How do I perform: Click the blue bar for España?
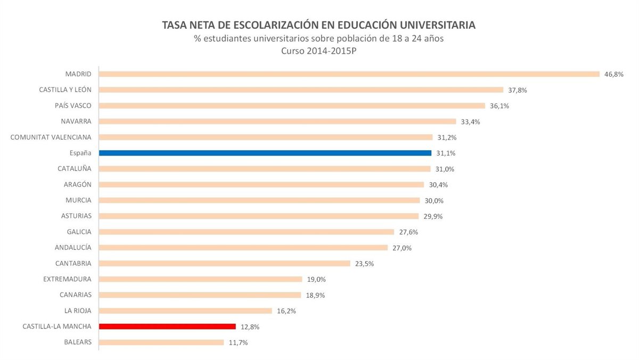click(x=265, y=153)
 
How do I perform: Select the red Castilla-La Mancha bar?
click(x=167, y=326)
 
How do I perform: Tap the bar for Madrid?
click(x=349, y=74)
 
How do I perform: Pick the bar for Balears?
click(x=161, y=342)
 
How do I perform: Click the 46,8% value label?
click(x=613, y=74)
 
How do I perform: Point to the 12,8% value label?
click(x=250, y=327)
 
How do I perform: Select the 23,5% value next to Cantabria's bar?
click(x=364, y=264)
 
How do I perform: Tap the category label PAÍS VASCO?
click(x=73, y=105)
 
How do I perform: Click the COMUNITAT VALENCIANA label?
click(x=51, y=137)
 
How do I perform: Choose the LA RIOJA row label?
click(x=77, y=310)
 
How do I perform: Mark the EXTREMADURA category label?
click(x=67, y=279)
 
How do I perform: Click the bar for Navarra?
click(x=277, y=121)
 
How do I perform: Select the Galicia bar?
click(x=247, y=232)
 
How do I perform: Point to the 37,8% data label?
click(x=517, y=90)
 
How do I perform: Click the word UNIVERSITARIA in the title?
click(x=433, y=25)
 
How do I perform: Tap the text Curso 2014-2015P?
click(x=319, y=51)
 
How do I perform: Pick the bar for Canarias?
click(x=200, y=295)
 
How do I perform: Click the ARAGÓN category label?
click(x=77, y=184)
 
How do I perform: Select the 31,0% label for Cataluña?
click(x=444, y=169)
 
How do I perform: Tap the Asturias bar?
click(x=259, y=216)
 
